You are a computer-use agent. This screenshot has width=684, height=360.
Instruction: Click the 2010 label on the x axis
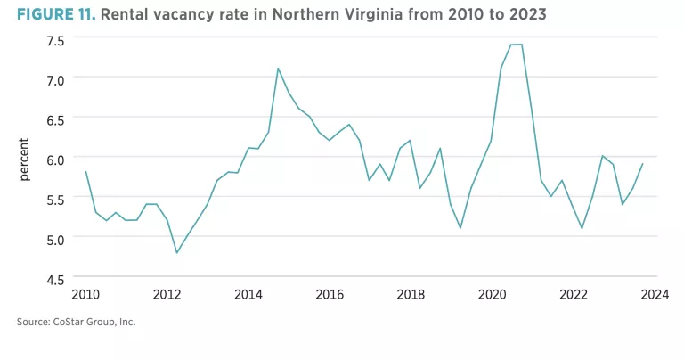tap(85, 295)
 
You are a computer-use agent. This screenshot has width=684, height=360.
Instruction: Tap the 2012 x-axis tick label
tap(167, 295)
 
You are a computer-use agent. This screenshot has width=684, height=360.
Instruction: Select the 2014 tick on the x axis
tap(248, 295)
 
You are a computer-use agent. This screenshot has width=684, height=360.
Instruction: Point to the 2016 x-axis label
tap(329, 295)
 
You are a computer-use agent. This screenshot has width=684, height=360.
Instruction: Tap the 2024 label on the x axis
tap(654, 295)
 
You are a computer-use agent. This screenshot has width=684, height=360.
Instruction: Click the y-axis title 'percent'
tap(24, 160)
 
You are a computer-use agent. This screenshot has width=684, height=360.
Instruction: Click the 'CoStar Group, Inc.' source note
tap(90, 321)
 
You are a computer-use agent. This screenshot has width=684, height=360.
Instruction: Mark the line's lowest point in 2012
tap(176, 252)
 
